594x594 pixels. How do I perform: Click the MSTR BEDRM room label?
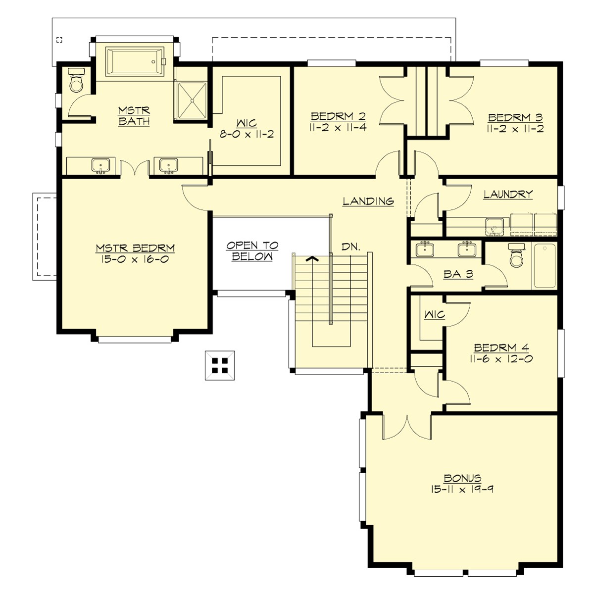[135, 248]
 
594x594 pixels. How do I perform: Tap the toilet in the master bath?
[77, 82]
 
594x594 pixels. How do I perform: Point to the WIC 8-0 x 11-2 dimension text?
[246, 134]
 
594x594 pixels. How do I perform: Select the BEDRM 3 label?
[515, 118]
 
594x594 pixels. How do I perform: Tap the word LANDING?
[368, 201]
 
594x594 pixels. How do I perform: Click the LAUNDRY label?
[508, 195]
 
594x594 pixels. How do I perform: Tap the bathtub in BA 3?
[544, 266]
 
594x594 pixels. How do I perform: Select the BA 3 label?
[458, 274]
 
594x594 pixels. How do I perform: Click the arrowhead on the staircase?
[311, 258]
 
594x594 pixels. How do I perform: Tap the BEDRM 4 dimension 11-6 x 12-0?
[501, 359]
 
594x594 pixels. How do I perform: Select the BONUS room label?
[462, 478]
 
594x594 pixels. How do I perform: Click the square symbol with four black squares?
[220, 365]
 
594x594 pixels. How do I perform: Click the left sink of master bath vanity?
[101, 165]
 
